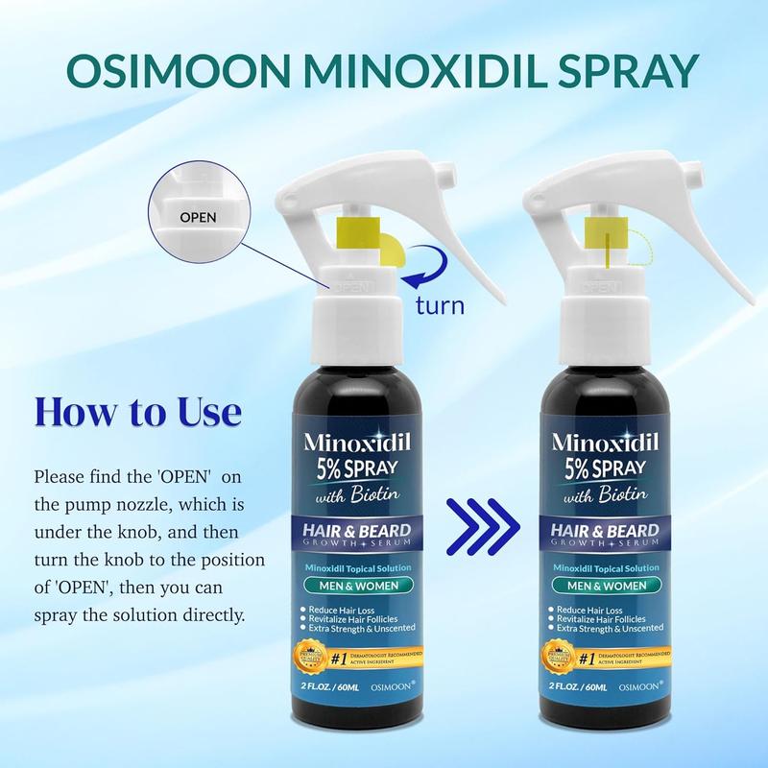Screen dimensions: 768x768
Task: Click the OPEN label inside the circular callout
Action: [x=198, y=217]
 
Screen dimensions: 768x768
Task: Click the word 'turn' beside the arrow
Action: [x=439, y=307]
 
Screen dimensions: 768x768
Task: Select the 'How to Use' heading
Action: [x=136, y=414]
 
